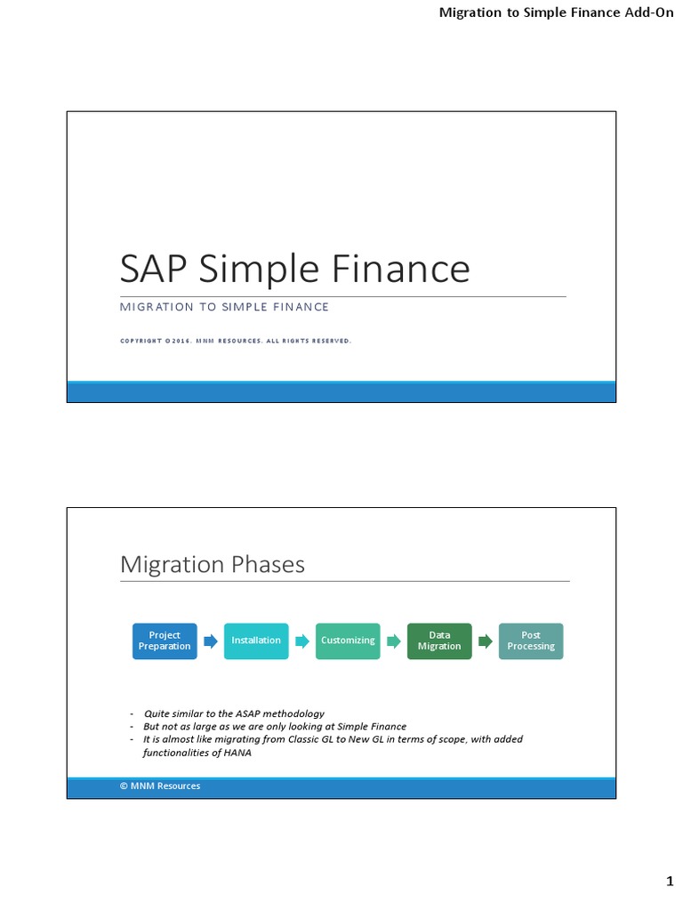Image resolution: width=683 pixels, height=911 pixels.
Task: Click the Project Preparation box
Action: coord(165,641)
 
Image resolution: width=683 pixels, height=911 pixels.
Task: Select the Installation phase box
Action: coord(256,641)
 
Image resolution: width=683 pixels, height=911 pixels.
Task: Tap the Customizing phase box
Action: coord(348,641)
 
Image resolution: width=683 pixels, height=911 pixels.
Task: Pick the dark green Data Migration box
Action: coord(439,641)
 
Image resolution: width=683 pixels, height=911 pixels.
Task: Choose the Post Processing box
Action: coord(531,641)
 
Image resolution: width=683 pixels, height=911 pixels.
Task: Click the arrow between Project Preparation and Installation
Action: coord(211,641)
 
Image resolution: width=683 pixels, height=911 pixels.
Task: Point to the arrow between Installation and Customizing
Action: coord(302,641)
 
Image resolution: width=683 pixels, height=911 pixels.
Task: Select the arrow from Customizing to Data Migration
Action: coord(394,641)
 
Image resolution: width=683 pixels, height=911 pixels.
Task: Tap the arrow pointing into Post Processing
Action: coord(486,641)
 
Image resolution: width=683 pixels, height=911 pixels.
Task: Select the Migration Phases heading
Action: coord(212,564)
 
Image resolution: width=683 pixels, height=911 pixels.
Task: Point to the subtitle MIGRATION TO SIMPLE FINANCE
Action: coord(224,307)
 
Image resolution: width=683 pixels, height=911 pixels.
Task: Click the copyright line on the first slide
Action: coord(236,340)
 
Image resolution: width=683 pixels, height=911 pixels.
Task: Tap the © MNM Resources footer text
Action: coord(160,786)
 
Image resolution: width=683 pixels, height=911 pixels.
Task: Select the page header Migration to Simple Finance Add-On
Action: coord(558,13)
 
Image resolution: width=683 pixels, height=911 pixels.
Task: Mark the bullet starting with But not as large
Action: coord(274,726)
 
